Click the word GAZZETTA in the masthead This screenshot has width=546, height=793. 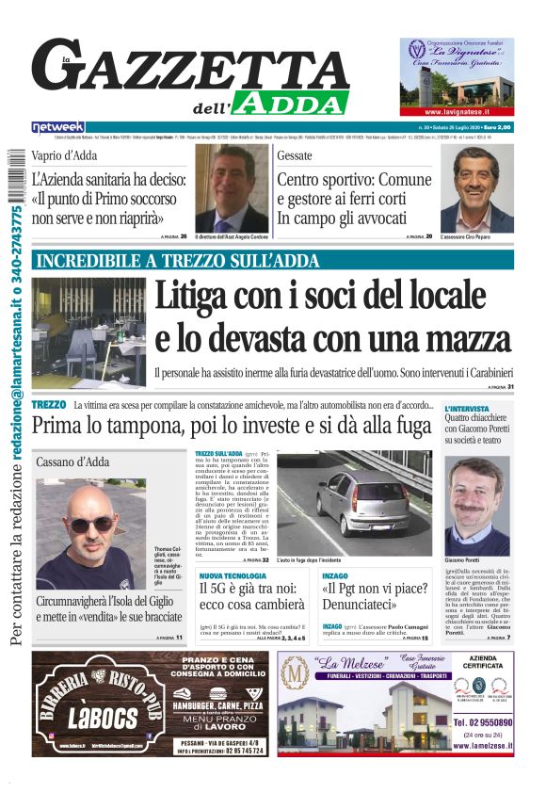coord(198,67)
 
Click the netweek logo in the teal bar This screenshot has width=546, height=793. coord(58,126)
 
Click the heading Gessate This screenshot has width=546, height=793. coord(297,155)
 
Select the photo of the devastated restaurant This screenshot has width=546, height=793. coord(88,332)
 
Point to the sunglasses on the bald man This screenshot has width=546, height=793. coord(91,522)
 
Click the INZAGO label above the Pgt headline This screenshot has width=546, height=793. coord(334,575)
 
